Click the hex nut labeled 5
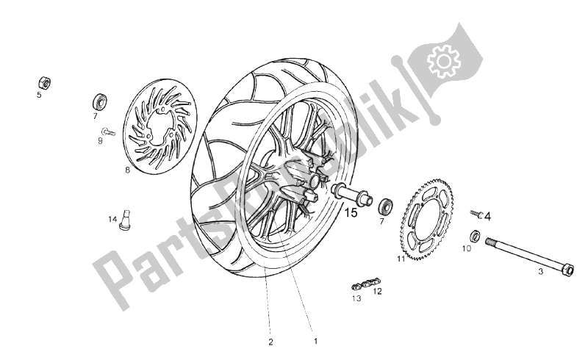(44, 82)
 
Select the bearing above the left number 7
(100, 101)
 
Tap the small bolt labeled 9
(107, 132)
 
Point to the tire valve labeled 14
(125, 220)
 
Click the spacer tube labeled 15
(351, 194)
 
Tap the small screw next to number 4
(476, 214)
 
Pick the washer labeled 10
(476, 237)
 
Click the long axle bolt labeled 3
(529, 257)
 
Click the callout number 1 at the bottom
(316, 341)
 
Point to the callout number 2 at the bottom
(270, 342)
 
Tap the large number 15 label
(351, 213)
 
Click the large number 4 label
(487, 217)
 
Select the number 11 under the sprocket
(401, 259)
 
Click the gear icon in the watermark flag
(443, 61)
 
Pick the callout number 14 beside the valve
(113, 219)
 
